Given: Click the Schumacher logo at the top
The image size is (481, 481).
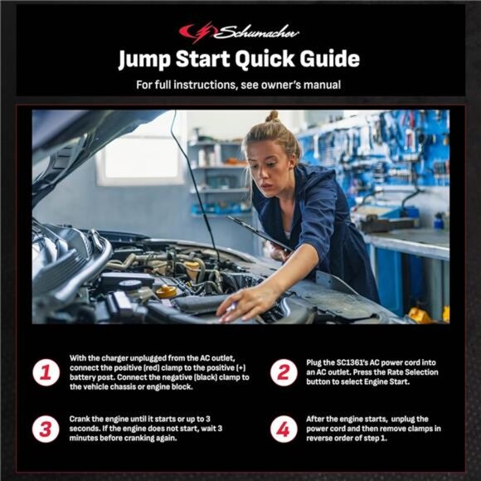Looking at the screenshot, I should point(240,32).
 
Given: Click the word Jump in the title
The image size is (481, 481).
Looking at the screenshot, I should point(150,59).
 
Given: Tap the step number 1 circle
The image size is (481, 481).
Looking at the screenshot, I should point(46,372).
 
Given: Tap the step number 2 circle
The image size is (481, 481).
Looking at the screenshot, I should point(284,372).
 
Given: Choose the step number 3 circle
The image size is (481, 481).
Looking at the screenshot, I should point(46,430).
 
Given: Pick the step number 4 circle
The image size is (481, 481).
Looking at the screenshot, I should point(284,430).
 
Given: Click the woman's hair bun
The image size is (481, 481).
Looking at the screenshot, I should point(271,117).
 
